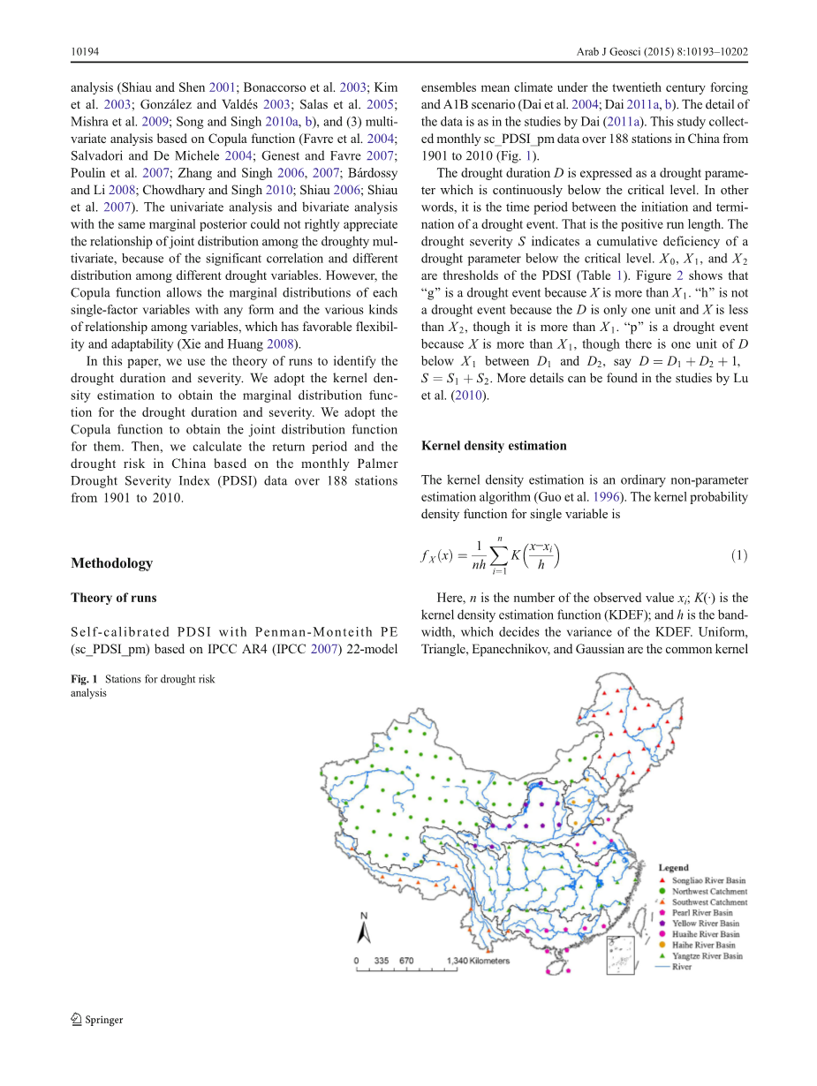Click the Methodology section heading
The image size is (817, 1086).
111,563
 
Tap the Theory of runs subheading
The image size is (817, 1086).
113,598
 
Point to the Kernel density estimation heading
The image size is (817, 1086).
494,446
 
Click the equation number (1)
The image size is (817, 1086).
739,555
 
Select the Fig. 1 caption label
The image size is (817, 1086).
85,680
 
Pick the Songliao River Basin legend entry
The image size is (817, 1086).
707,881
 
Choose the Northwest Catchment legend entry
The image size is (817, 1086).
709,892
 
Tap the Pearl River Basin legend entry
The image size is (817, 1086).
702,913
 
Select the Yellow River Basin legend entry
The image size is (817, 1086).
706,924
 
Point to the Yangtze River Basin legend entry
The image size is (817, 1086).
707,955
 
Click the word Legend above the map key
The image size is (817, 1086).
673,869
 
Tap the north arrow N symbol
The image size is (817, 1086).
363,927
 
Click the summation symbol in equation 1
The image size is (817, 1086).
499,555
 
